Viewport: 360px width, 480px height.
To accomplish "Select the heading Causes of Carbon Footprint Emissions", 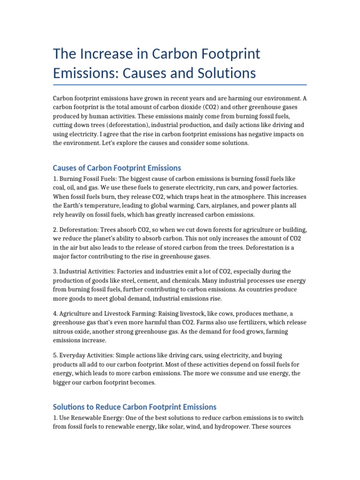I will click(x=117, y=168).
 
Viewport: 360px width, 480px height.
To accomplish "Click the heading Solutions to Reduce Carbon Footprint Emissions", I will click(x=135, y=406).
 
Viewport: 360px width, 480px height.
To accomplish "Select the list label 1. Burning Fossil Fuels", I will click(x=83, y=179).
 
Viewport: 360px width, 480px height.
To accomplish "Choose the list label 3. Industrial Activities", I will click(x=83, y=271).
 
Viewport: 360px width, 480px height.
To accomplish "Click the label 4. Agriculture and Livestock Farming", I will click(x=104, y=313).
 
